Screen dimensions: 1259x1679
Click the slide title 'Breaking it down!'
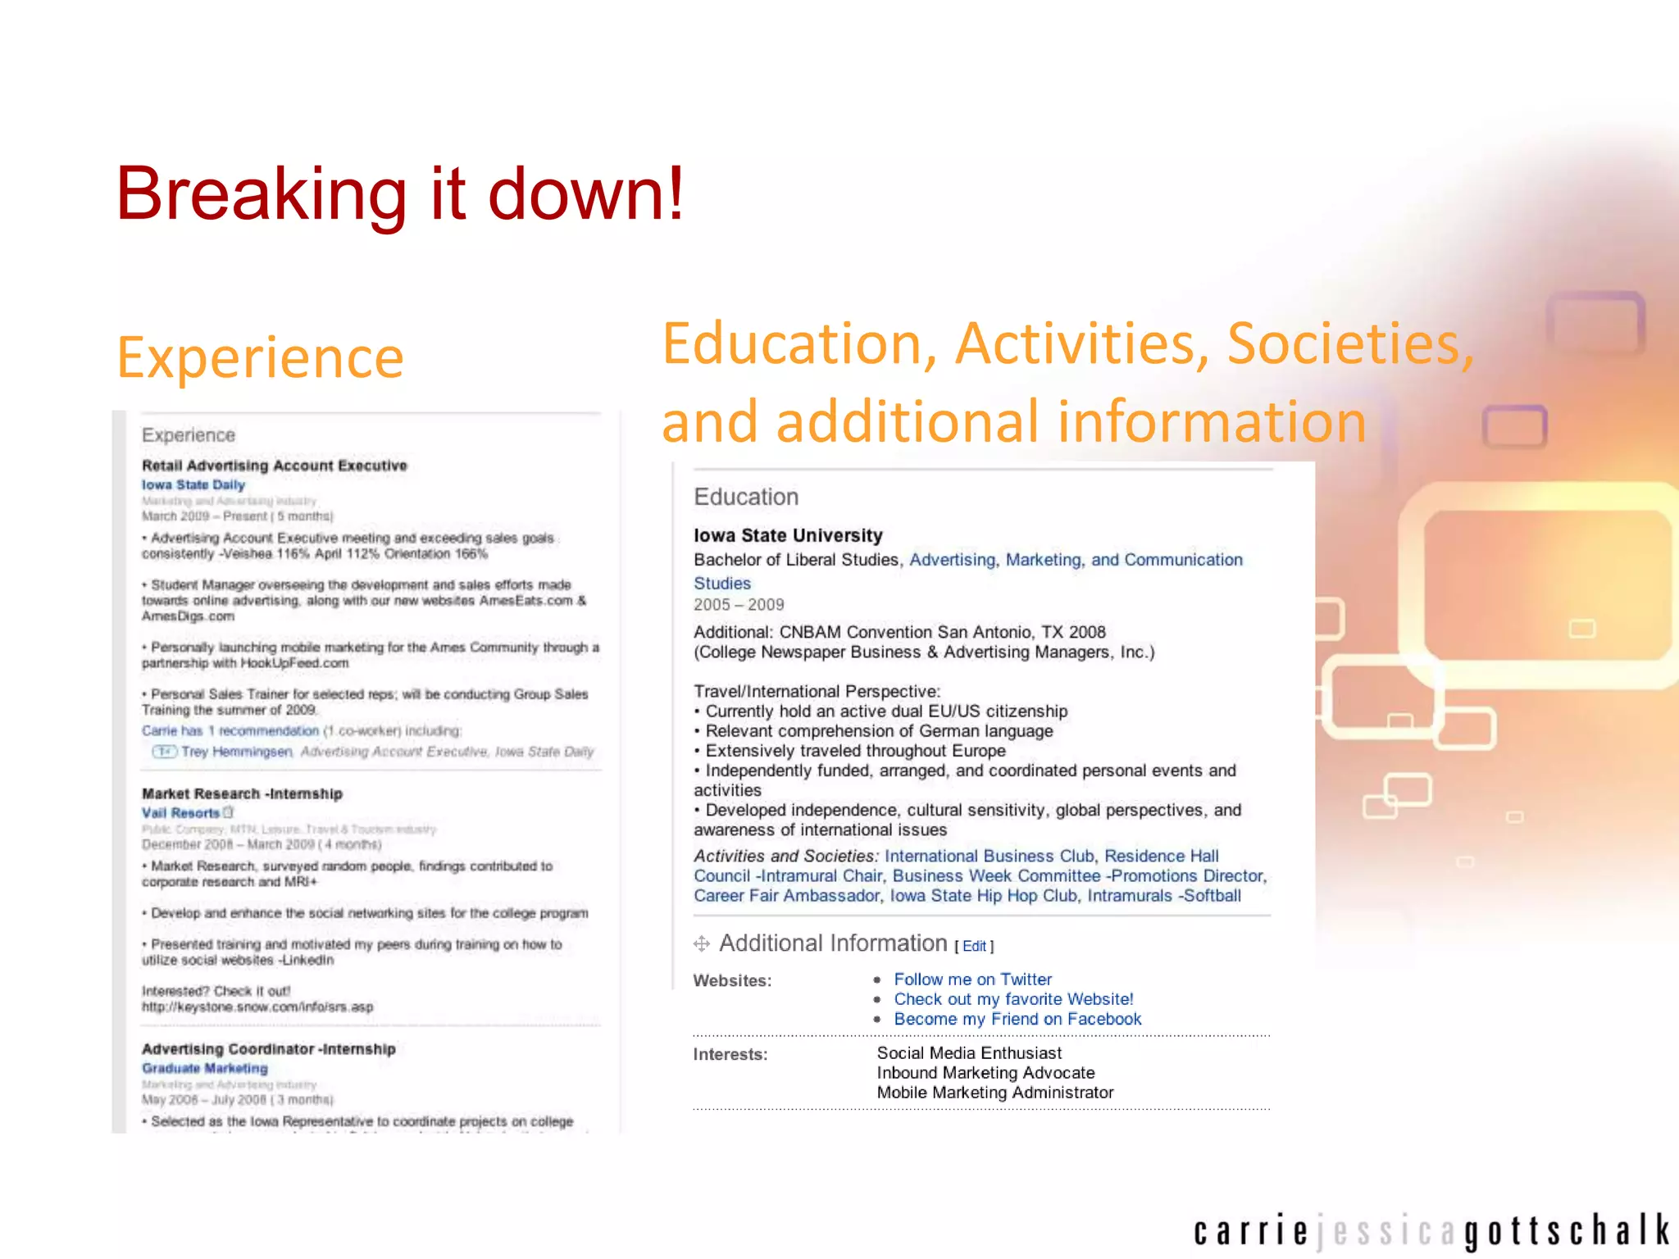[x=400, y=194]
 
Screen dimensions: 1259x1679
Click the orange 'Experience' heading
[x=261, y=357]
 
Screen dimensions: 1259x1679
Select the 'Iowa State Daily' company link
[x=193, y=484]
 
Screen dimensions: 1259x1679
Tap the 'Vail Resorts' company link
[x=180, y=813]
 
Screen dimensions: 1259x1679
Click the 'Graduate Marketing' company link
[x=205, y=1068]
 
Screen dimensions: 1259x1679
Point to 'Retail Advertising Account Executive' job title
[x=275, y=466]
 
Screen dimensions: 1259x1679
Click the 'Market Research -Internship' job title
[x=242, y=793]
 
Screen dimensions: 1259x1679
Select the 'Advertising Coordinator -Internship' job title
[x=269, y=1049]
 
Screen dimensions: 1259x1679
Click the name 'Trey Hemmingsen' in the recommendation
[x=236, y=752]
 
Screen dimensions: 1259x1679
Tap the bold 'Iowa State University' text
[x=788, y=535]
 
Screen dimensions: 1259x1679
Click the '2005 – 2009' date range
[x=739, y=605]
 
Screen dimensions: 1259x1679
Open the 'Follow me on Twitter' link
[x=972, y=979]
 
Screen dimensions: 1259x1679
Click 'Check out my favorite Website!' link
[x=1013, y=999]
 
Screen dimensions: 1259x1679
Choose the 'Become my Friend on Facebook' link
[x=1017, y=1019]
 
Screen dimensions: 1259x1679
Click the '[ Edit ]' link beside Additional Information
[x=974, y=946]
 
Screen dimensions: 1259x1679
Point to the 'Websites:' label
[x=732, y=980]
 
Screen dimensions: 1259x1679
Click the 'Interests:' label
[x=730, y=1054]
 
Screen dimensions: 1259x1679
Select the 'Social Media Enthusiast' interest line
[x=969, y=1053]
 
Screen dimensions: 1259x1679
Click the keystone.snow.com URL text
[x=257, y=1007]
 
